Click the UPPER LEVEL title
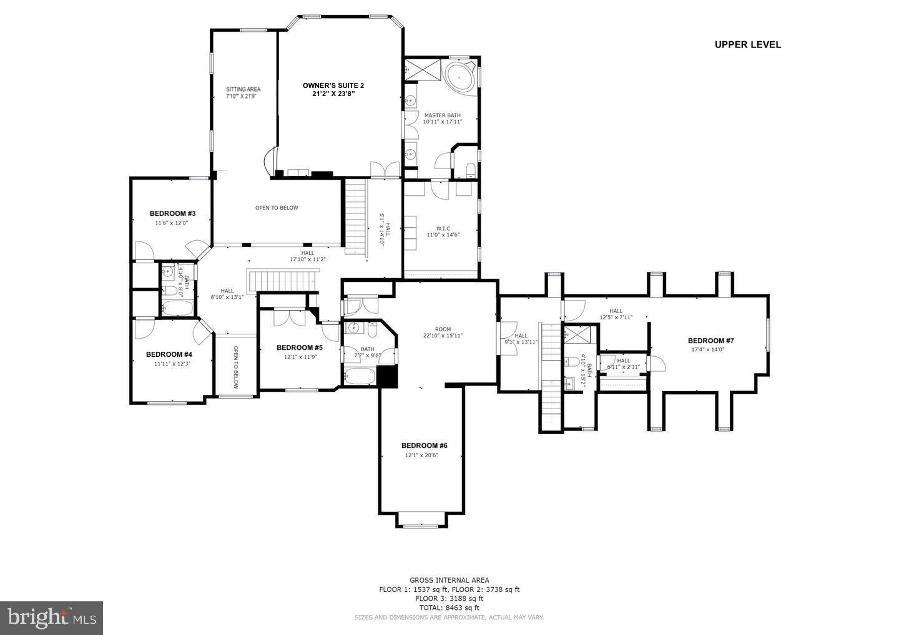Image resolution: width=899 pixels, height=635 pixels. [x=747, y=44]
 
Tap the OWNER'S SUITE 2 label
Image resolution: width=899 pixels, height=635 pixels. [x=333, y=85]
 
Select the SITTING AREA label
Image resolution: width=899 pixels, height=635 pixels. [x=243, y=89]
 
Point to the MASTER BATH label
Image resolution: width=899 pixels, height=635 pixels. [x=442, y=115]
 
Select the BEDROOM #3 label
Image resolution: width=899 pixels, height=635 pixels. [x=172, y=213]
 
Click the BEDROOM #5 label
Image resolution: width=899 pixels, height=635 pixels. [x=299, y=347]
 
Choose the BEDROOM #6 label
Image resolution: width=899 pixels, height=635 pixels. [x=424, y=445]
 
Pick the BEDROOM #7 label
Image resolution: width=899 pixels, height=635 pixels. [x=710, y=341]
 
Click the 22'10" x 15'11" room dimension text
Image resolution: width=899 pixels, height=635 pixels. [x=443, y=336]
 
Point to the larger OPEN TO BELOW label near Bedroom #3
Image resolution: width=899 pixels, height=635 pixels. [x=277, y=208]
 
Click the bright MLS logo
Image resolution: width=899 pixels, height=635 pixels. [x=51, y=618]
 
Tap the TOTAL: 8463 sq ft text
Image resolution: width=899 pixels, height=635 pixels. [x=449, y=608]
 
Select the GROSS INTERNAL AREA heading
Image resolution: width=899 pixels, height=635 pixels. [x=449, y=580]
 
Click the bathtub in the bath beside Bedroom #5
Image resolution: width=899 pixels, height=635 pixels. [x=360, y=377]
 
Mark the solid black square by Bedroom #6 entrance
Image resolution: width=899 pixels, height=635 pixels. [x=388, y=377]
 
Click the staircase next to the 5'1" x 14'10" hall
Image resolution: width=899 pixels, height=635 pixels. [x=355, y=216]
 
